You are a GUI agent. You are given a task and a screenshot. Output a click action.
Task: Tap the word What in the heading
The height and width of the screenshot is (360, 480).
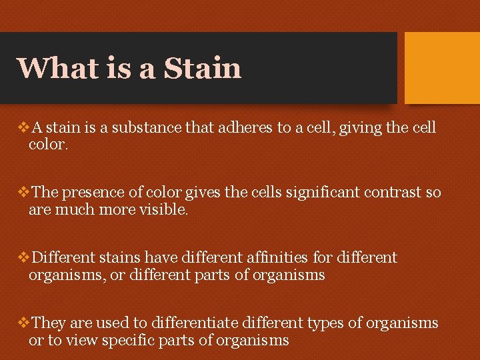(x=51, y=68)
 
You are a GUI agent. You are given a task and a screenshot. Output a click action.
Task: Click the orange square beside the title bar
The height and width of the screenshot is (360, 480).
(x=442, y=68)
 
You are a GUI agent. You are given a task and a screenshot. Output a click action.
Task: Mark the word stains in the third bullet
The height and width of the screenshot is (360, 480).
(x=119, y=257)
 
